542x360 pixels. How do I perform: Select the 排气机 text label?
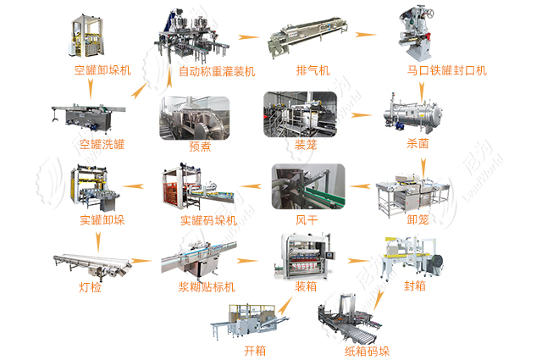312,70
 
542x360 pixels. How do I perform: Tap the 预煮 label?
200,145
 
